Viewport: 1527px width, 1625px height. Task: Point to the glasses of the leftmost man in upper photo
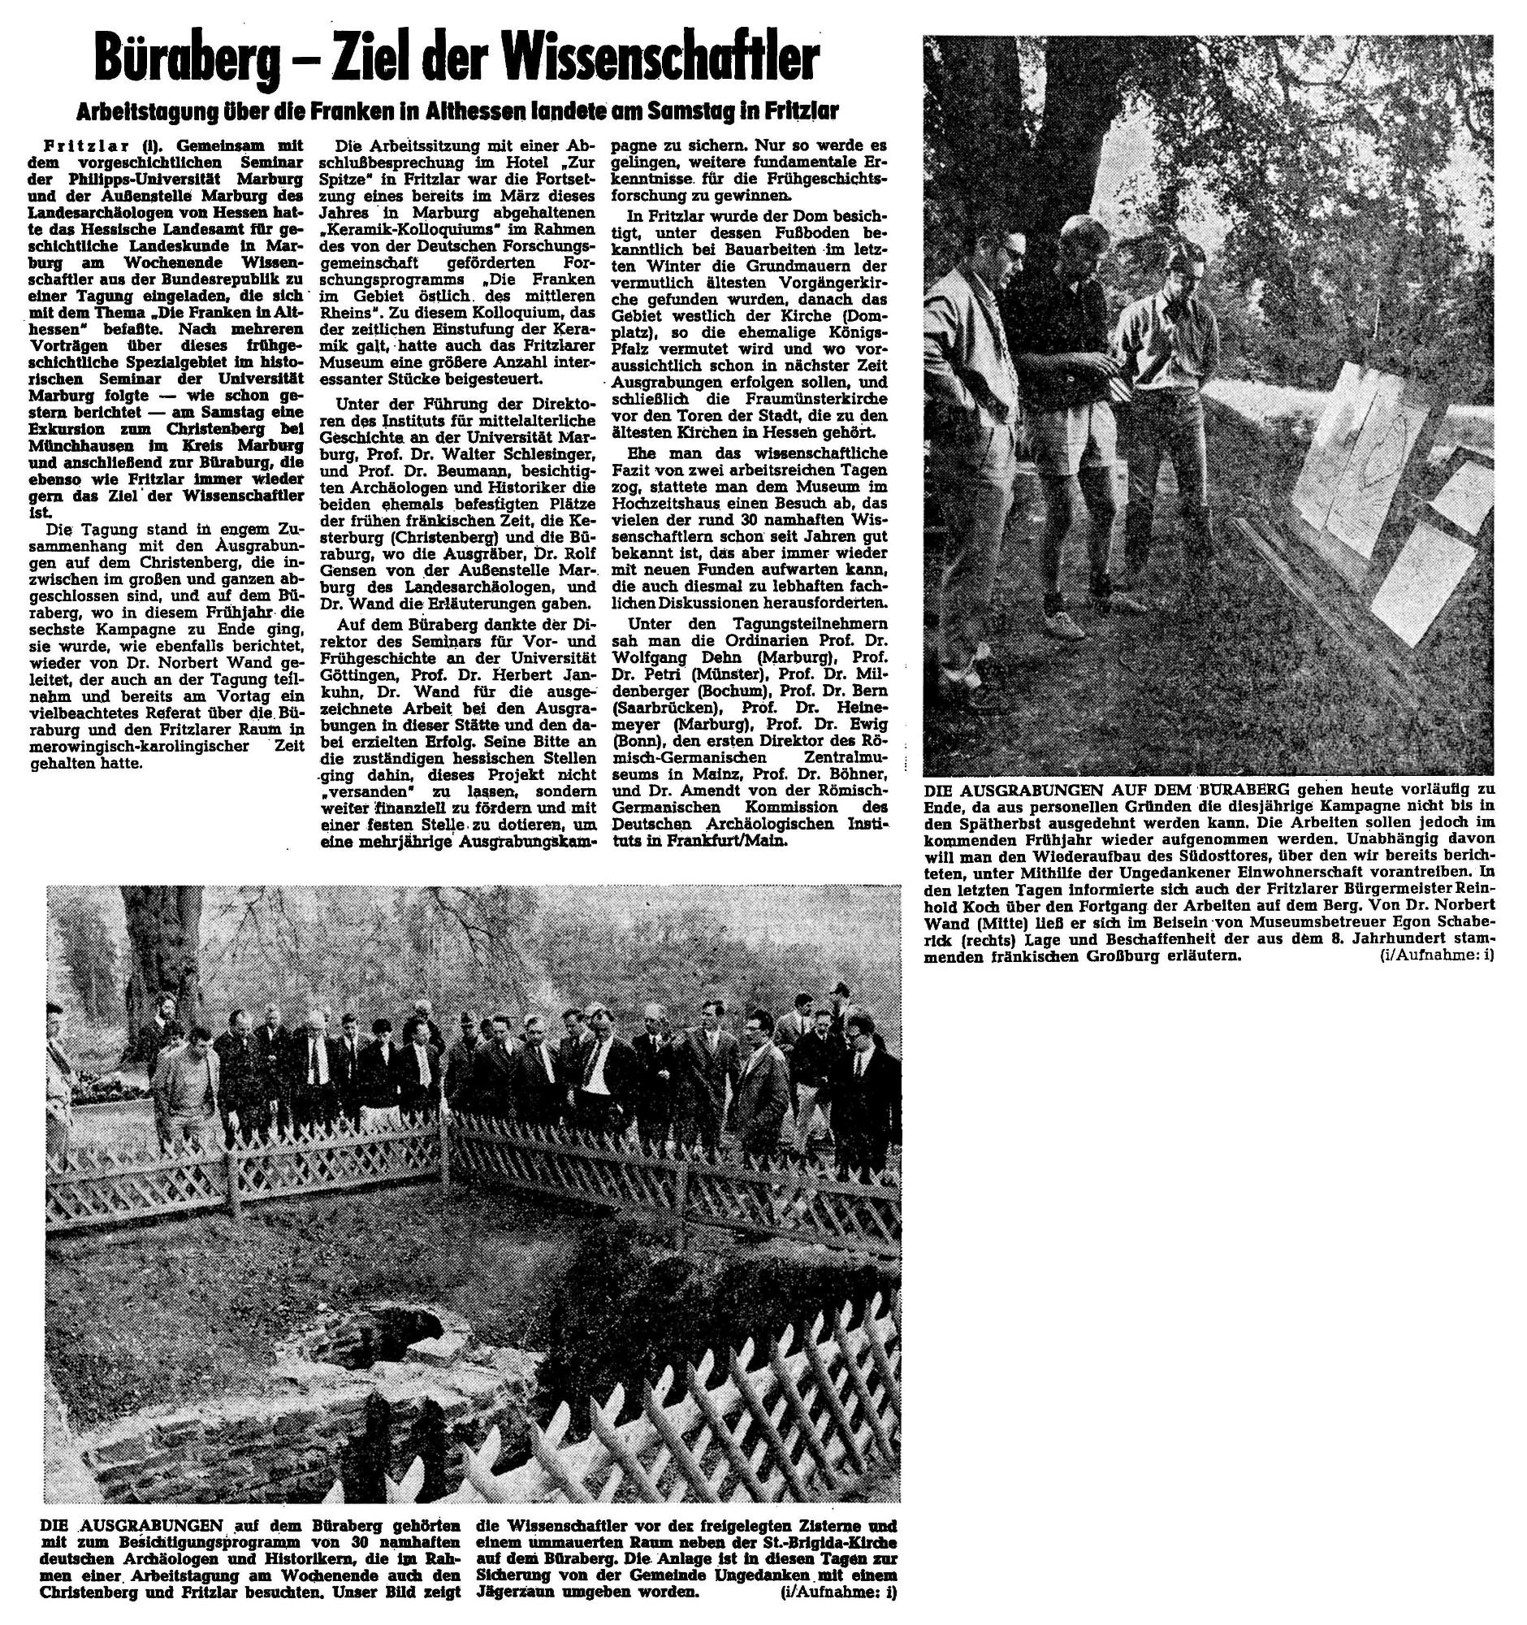pyautogui.click(x=1010, y=251)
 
